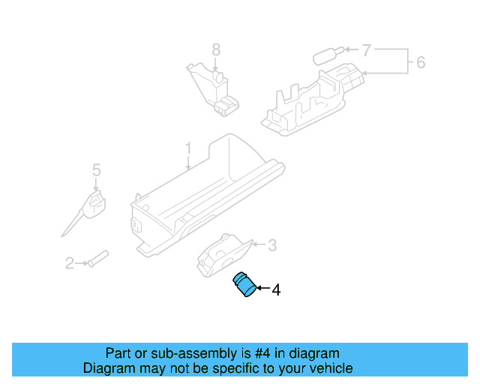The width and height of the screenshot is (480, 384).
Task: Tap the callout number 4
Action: coord(276,289)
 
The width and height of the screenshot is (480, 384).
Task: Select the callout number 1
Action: coord(188,148)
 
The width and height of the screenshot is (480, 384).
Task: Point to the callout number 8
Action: coord(215,49)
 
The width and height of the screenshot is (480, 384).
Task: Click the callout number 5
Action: coord(96,170)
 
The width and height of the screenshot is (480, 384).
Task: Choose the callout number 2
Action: coord(69,263)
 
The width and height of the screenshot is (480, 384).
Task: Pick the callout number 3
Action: coord(272,244)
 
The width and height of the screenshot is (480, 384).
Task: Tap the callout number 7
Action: coord(366,51)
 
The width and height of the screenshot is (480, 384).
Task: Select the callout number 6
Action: coord(421,62)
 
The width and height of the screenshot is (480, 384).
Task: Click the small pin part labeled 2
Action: coord(98,259)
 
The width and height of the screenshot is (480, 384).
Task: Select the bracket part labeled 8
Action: coord(216,90)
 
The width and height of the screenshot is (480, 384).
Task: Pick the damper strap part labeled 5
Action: coord(91,206)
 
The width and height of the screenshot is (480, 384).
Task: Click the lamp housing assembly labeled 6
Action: coord(307,101)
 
